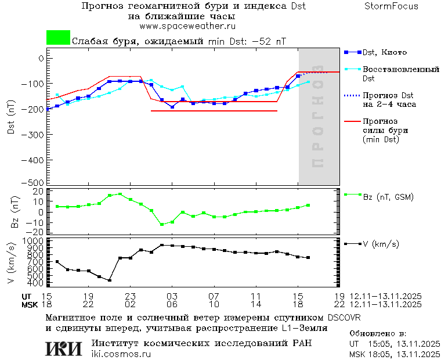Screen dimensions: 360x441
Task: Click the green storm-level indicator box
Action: click(x=58, y=38)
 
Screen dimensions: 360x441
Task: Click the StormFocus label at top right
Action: click(x=391, y=6)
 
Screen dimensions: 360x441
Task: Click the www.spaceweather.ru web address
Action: click(x=187, y=26)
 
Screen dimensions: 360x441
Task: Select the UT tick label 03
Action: click(x=171, y=296)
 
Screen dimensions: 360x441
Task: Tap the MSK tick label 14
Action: click(x=255, y=304)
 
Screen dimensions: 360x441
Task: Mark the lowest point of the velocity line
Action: click(x=110, y=280)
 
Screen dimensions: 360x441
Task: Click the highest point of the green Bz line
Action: click(x=120, y=194)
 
